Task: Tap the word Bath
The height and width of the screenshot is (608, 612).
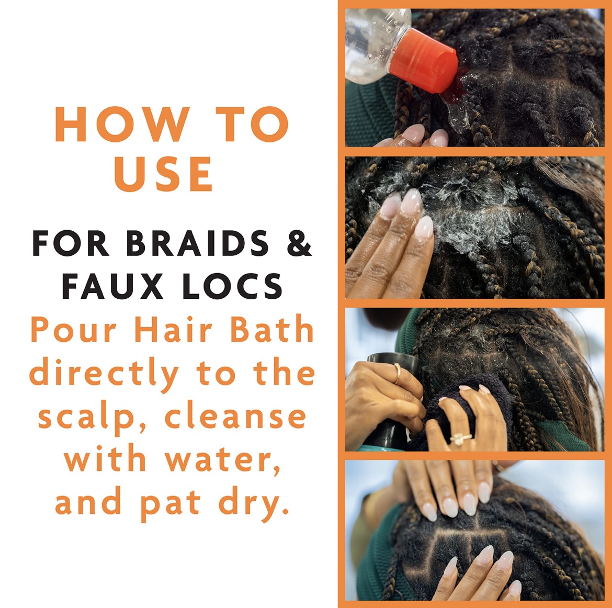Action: pos(272,329)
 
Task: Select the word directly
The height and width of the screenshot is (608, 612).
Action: pos(104,374)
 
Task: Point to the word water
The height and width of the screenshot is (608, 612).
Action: pos(223,459)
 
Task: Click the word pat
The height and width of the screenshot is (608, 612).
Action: pos(170,504)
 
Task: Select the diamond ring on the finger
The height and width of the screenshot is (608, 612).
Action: pos(460,438)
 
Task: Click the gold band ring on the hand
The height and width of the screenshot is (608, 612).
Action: pos(398,373)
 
